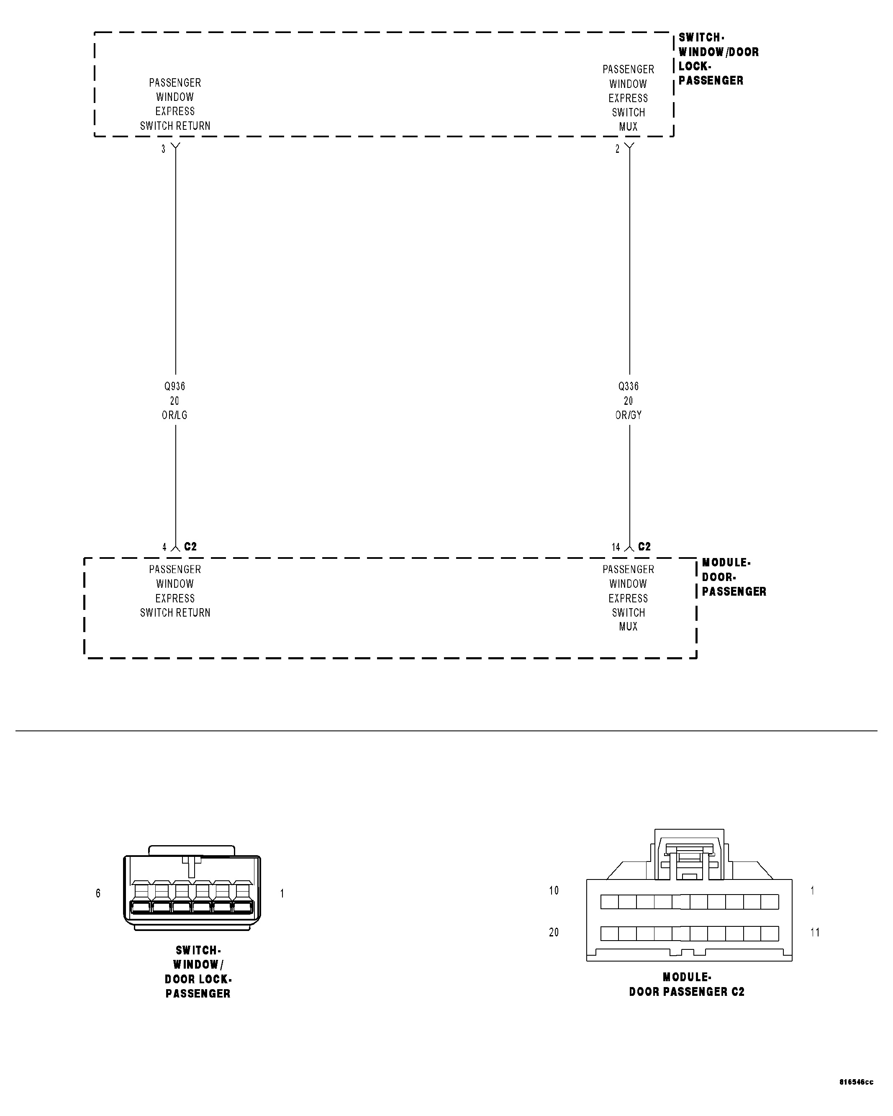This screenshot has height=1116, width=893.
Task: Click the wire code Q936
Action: pos(174,386)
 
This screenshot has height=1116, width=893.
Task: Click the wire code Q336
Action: pos(628,386)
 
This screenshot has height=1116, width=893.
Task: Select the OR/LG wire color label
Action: pos(174,415)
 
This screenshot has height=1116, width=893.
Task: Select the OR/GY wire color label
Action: pos(628,415)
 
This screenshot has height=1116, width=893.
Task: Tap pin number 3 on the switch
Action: pos(164,149)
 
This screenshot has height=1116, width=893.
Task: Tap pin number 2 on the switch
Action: pos(617,149)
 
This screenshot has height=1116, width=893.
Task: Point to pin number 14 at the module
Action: pos(616,547)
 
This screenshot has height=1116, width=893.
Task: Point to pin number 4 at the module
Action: pos(164,547)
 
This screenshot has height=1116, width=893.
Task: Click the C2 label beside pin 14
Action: pos(644,547)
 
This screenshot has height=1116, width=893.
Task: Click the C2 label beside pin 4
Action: pos(190,547)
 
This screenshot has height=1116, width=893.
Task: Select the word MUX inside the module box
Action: pos(628,627)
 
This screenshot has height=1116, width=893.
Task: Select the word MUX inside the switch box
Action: pos(628,127)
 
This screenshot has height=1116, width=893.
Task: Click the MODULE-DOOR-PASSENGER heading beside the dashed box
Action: pos(733,577)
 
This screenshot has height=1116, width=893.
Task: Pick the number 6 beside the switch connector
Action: pos(98,893)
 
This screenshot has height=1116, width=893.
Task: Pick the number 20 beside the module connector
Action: pos(554,932)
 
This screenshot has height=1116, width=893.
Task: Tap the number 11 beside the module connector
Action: pos(815,932)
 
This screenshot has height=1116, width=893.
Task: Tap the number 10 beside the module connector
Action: pos(554,890)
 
